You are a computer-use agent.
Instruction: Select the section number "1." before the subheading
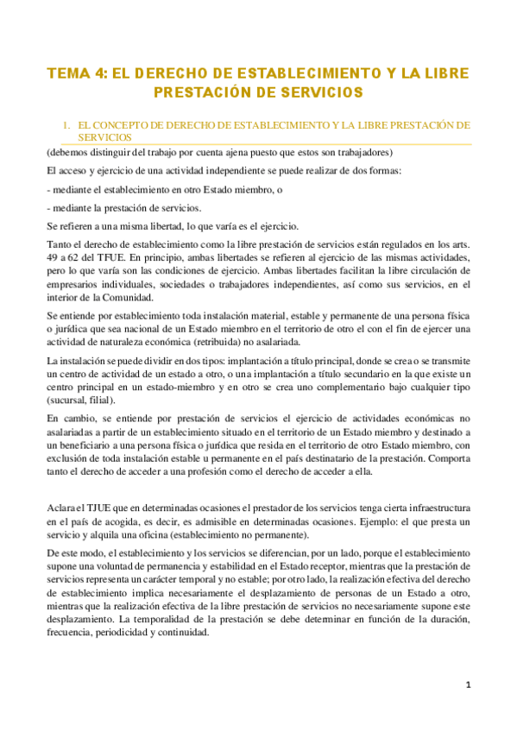pyautogui.click(x=65, y=125)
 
